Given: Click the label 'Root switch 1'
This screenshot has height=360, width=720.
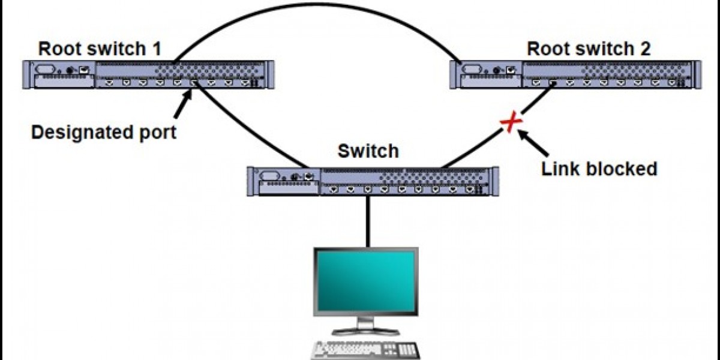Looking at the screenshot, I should click(100, 49).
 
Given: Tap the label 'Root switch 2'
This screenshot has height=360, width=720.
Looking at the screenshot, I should click(589, 49).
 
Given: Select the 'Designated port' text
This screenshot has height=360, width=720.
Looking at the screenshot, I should click(104, 131).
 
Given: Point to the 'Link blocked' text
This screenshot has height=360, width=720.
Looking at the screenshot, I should click(599, 169).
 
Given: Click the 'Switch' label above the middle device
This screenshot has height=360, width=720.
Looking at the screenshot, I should click(368, 151).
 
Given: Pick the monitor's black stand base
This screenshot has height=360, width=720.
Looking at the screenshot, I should click(366, 329).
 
